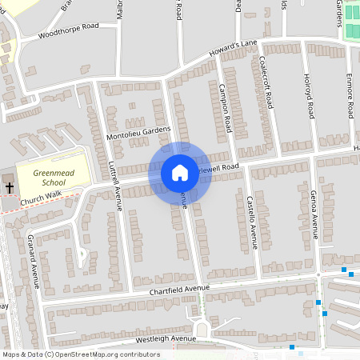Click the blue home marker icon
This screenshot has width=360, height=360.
pyautogui.click(x=180, y=173)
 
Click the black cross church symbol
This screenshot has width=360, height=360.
pyautogui.click(x=10, y=187)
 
